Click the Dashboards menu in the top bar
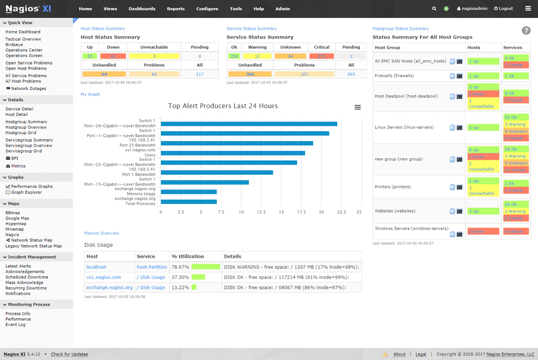142,9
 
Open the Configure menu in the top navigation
207,9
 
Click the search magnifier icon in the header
434,9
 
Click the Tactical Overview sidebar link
23,39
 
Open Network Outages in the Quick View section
29,89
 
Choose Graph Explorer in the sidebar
26,192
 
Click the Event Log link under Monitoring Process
16,324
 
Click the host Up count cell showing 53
90,56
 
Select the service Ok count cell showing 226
234,56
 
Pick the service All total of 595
351,74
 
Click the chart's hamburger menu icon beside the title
358,107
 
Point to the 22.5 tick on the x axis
341,212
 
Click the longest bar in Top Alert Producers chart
249,124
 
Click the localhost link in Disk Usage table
96,267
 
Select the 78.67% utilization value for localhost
180,267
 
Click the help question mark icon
526,31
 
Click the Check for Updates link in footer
69,354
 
